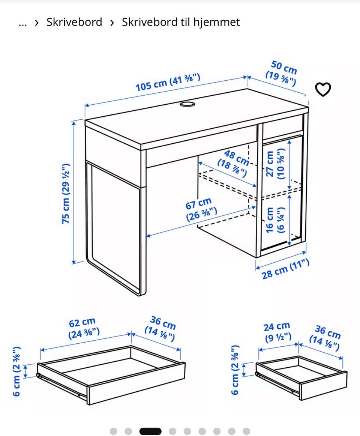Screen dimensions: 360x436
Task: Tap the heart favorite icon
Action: point(323,89)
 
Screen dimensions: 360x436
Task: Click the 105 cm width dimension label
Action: point(168,82)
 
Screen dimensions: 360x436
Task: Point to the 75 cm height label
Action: point(66,194)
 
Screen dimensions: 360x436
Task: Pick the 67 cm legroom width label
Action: point(200,209)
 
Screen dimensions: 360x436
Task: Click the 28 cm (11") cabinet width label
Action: point(285,269)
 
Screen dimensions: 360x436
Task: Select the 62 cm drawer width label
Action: point(84,328)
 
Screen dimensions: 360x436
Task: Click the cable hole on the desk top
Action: point(187,104)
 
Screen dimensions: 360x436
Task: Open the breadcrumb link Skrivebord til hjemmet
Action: point(181,22)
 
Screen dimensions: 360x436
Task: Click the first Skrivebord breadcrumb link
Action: point(74,22)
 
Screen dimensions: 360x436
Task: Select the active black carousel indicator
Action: point(150,431)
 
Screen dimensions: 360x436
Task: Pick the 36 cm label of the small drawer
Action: point(325,338)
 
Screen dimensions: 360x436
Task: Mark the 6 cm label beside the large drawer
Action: point(16,371)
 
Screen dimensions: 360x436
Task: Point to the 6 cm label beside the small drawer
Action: point(235,370)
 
